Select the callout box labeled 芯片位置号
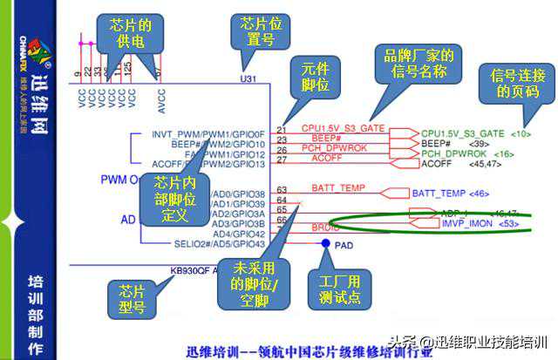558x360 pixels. [254, 34]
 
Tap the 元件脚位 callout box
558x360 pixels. [315, 79]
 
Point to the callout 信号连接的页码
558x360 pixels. [513, 84]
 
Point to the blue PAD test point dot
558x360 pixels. [324, 243]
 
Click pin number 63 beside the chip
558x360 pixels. [282, 189]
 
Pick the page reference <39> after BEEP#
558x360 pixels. [478, 142]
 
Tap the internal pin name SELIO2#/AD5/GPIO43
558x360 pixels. [208, 243]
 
